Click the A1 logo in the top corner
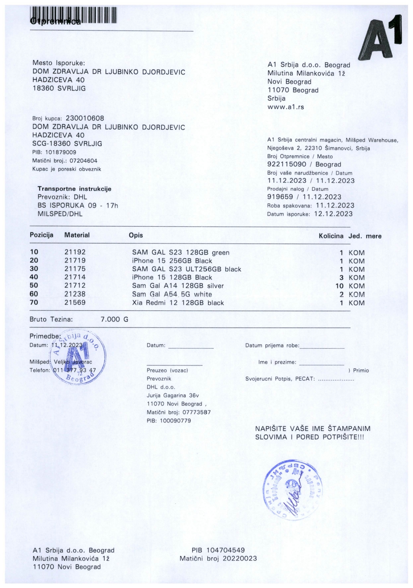[x=380, y=38]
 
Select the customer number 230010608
[x=85, y=119]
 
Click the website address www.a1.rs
[x=286, y=107]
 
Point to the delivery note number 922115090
[x=287, y=164]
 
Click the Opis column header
[x=136, y=235]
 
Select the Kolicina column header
[x=331, y=236]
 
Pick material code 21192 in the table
[x=75, y=252]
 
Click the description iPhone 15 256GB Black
[x=172, y=261]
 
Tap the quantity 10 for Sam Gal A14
[x=339, y=286]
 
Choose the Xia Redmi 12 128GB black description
[x=178, y=303]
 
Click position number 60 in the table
[x=34, y=294]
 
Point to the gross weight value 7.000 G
[x=114, y=319]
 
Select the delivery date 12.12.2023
[x=333, y=214]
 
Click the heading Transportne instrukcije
[x=74, y=189]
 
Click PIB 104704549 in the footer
[x=218, y=550]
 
